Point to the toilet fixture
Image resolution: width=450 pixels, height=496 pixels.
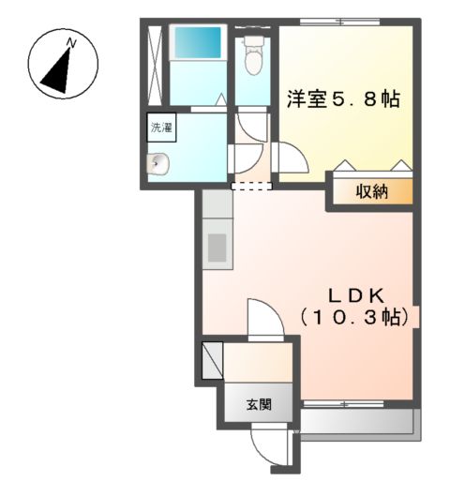(x=252, y=58)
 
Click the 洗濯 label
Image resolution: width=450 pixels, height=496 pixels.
(x=160, y=127)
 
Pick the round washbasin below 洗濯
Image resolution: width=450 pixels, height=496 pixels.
(x=158, y=164)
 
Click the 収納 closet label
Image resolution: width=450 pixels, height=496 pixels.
(x=370, y=192)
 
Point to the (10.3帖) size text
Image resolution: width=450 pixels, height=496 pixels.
(x=354, y=318)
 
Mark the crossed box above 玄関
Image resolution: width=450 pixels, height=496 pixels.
(x=212, y=360)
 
